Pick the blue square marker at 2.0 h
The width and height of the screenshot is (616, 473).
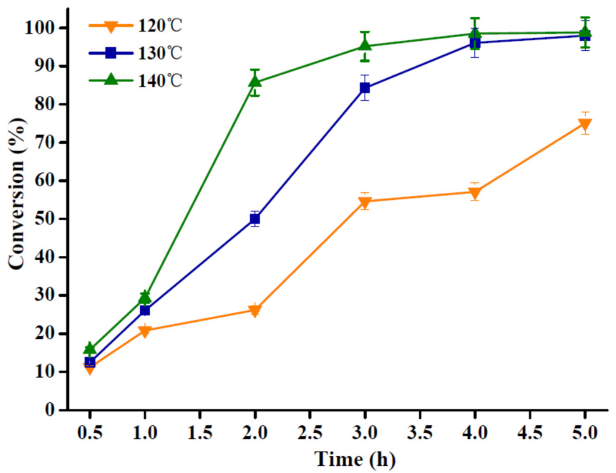[255, 219]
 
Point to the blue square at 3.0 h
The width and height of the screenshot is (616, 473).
[365, 88]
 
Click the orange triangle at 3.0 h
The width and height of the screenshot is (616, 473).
[365, 202]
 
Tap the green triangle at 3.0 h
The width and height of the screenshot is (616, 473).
[365, 45]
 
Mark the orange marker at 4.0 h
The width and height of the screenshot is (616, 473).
[475, 193]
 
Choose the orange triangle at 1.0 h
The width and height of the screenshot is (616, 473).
[145, 331]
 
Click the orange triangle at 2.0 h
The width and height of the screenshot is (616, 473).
[255, 310]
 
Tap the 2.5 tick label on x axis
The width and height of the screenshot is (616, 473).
[310, 433]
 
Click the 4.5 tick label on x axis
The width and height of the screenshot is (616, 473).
[530, 433]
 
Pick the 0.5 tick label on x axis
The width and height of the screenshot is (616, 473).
[90, 433]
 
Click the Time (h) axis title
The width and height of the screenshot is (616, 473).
[355, 459]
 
